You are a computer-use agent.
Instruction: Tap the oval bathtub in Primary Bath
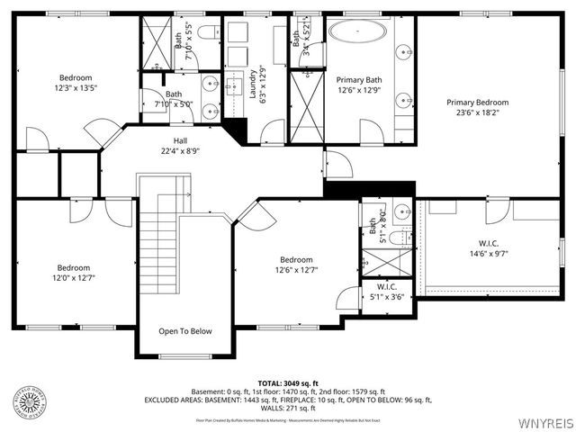[x=358, y=31]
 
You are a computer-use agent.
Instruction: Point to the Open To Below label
[x=185, y=331]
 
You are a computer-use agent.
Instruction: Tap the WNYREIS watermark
[x=544, y=422]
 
